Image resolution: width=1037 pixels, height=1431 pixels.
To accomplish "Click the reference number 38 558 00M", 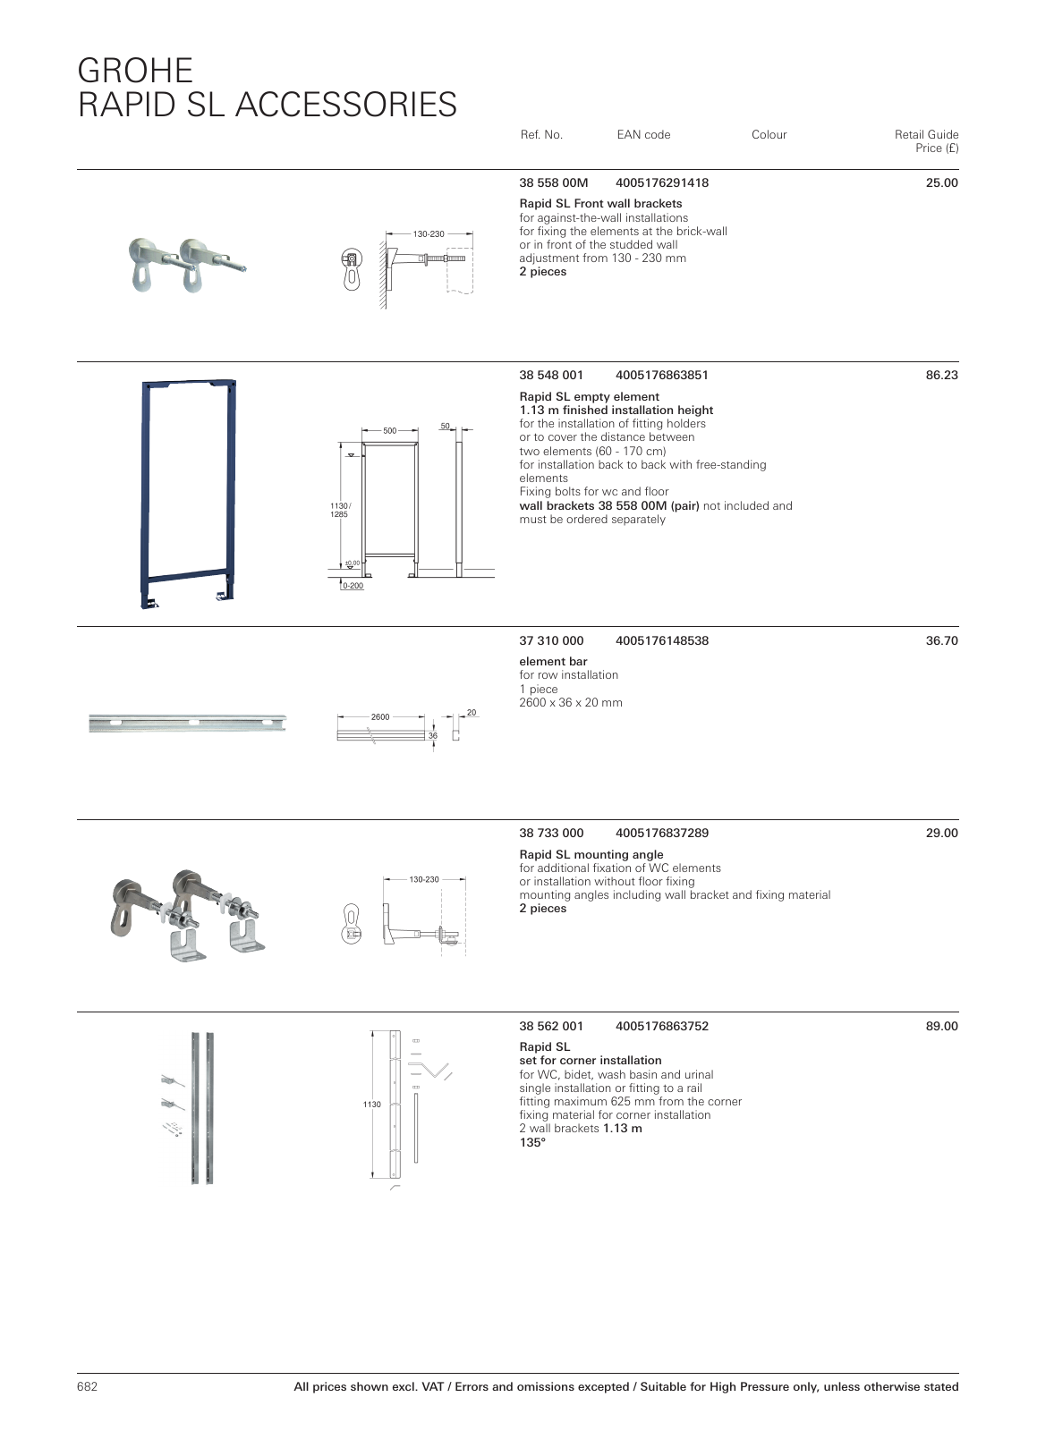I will tap(553, 183).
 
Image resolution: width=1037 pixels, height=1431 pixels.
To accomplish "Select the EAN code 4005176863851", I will tap(661, 376).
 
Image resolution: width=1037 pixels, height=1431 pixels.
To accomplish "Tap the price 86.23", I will tap(941, 376).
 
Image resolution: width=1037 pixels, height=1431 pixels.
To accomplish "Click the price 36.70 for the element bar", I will tap(941, 641).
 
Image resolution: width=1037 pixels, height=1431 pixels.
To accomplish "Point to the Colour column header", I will tap(769, 135).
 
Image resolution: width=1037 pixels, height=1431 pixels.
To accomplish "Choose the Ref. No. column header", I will tap(540, 135).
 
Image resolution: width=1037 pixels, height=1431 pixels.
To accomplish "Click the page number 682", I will tap(87, 1387).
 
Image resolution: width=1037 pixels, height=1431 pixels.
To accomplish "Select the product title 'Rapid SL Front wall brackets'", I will tap(600, 204).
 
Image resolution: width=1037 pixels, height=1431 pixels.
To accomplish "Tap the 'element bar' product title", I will tap(553, 662).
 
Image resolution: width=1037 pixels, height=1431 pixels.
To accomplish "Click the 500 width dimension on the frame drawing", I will tap(389, 431).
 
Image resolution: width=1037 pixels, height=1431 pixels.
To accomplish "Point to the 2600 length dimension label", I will tap(380, 717).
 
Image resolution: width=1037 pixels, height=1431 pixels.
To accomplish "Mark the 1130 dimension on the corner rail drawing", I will tap(371, 1105).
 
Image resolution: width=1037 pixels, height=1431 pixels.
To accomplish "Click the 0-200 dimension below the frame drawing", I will tap(353, 586).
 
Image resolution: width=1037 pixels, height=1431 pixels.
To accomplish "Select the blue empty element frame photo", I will tap(189, 494).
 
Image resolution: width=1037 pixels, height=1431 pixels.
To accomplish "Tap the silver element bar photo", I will tap(187, 723).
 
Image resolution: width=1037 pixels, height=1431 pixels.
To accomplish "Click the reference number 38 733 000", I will tap(551, 834).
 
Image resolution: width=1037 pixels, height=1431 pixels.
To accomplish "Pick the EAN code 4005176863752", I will tap(661, 1027).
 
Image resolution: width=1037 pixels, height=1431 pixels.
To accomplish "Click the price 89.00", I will tap(941, 1027).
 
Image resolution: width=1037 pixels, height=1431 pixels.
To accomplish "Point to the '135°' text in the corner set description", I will tap(532, 1142).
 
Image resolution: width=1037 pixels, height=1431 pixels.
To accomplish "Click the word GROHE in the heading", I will tap(135, 71).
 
